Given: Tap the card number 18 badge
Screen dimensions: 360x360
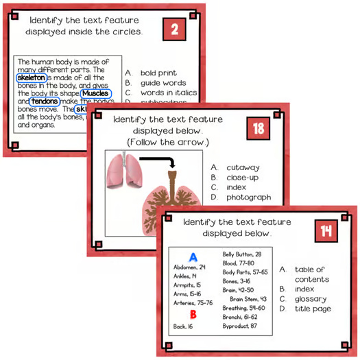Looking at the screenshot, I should [x=258, y=129].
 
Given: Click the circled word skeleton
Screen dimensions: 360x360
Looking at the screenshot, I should [x=31, y=78].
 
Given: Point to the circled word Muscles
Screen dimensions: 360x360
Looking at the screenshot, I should [x=96, y=93].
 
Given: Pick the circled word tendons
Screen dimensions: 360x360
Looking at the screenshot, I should [x=44, y=101].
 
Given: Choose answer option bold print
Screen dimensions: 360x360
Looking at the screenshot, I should [x=158, y=73].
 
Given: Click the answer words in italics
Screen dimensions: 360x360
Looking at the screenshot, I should [x=168, y=93].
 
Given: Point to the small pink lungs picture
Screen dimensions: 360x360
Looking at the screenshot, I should [x=121, y=171].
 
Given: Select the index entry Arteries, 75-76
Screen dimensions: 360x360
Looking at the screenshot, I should [x=193, y=302].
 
